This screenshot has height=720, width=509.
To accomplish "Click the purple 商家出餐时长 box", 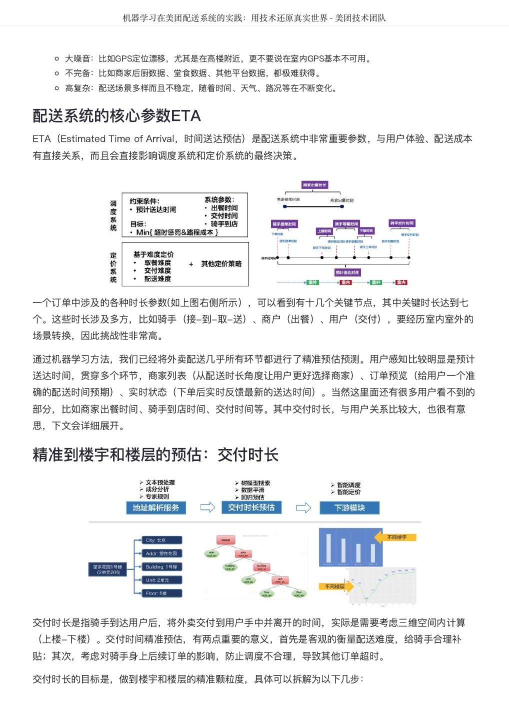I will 314,185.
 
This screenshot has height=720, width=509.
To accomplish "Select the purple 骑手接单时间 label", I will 284,224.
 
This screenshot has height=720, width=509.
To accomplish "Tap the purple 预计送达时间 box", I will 347,272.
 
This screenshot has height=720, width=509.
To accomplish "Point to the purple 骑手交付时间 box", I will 401,223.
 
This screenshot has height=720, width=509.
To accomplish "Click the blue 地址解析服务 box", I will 155,507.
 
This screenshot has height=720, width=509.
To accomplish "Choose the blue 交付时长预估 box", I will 251,507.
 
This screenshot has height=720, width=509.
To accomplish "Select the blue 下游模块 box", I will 349,508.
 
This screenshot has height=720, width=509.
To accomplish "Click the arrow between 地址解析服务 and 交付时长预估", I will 207,507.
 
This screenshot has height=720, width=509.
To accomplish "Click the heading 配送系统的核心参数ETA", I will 116,116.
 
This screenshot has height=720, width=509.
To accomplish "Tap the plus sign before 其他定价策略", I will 191,264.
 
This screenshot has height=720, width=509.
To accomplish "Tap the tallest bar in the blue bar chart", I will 328,548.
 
